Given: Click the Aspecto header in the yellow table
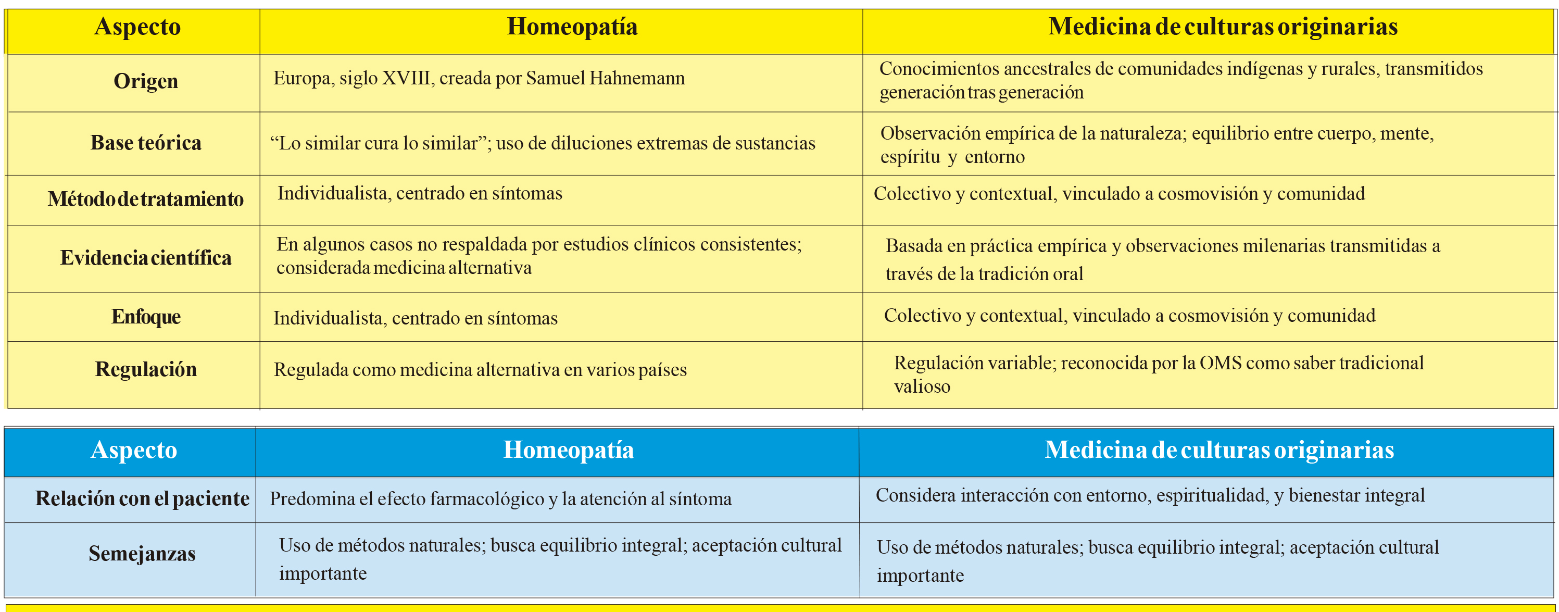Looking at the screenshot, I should click(137, 27).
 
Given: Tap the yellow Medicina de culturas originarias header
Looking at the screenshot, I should click(1223, 27).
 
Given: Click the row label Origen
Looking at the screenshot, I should click(146, 81).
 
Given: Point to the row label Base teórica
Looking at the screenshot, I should click(146, 143).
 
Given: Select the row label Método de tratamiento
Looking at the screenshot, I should click(146, 199).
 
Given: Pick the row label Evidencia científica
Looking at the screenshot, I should click(146, 258).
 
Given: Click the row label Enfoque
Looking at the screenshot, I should click(146, 317).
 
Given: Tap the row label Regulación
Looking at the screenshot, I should click(146, 369).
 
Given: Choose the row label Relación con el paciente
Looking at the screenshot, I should click(142, 499).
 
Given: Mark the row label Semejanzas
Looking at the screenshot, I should click(142, 554).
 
